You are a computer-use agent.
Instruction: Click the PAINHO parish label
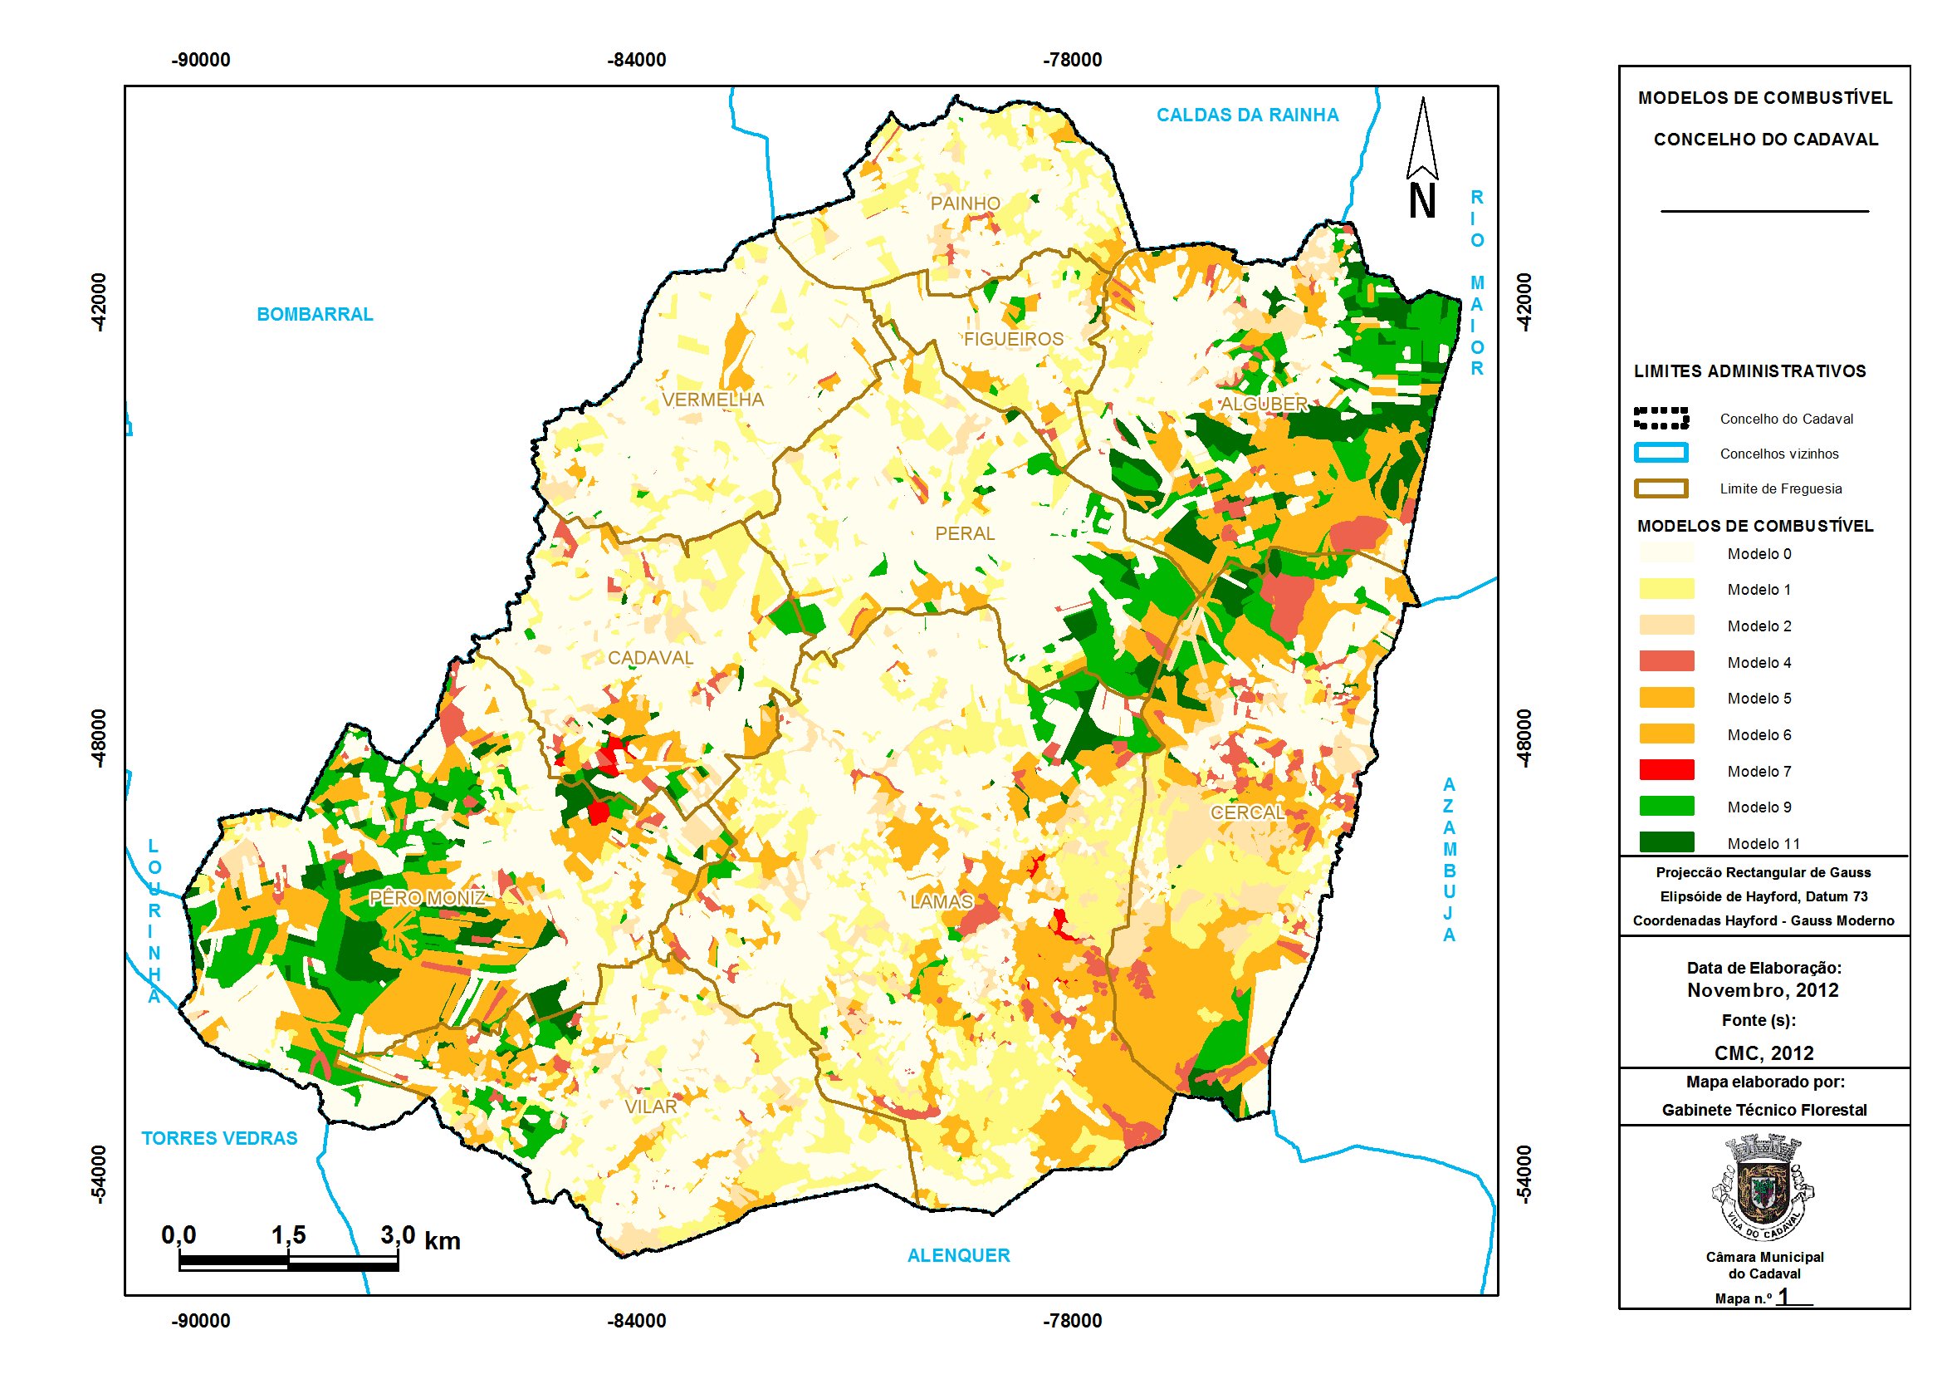pyautogui.click(x=965, y=203)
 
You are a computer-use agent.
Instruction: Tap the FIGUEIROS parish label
pyautogui.click(x=1013, y=339)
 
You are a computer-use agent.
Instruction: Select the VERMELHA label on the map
pyautogui.click(x=712, y=400)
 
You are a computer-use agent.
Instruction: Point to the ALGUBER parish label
pyautogui.click(x=1264, y=405)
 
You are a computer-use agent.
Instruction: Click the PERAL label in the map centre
pyautogui.click(x=965, y=534)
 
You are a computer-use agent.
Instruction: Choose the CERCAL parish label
pyautogui.click(x=1248, y=812)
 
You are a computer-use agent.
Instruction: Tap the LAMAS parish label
pyautogui.click(x=942, y=902)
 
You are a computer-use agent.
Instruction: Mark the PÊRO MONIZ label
pyautogui.click(x=428, y=897)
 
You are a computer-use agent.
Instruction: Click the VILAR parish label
pyautogui.click(x=650, y=1107)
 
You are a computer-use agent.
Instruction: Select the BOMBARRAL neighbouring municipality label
pyautogui.click(x=315, y=315)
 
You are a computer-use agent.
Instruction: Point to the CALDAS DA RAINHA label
pyautogui.click(x=1248, y=115)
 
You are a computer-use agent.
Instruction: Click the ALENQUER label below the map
pyautogui.click(x=958, y=1255)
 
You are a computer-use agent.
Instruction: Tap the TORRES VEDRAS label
pyautogui.click(x=219, y=1139)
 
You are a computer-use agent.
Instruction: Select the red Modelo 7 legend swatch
pyautogui.click(x=1666, y=770)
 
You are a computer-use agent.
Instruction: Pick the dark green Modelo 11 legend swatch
pyautogui.click(x=1666, y=842)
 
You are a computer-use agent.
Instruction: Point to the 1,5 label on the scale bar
pyautogui.click(x=287, y=1235)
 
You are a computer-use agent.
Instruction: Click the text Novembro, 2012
pyautogui.click(x=1763, y=991)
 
